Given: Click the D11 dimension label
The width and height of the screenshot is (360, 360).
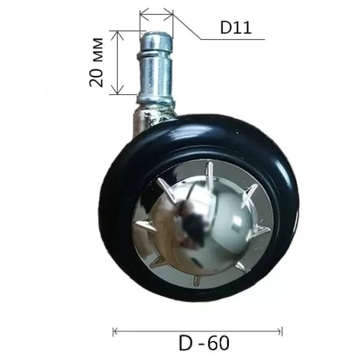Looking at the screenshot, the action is pyautogui.click(x=236, y=28).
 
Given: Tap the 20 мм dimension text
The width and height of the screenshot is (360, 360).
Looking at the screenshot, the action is pyautogui.click(x=97, y=62).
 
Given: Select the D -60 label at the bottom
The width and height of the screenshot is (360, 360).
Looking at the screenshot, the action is pyautogui.click(x=204, y=343).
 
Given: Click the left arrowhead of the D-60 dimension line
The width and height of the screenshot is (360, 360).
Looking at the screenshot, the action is pyautogui.click(x=116, y=332).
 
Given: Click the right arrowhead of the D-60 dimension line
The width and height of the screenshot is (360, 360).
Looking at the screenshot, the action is pyautogui.click(x=279, y=332).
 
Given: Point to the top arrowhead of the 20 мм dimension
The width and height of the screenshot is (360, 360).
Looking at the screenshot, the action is pyautogui.click(x=118, y=35).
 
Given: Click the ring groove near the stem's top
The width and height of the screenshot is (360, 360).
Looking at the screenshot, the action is pyautogui.click(x=154, y=54).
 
